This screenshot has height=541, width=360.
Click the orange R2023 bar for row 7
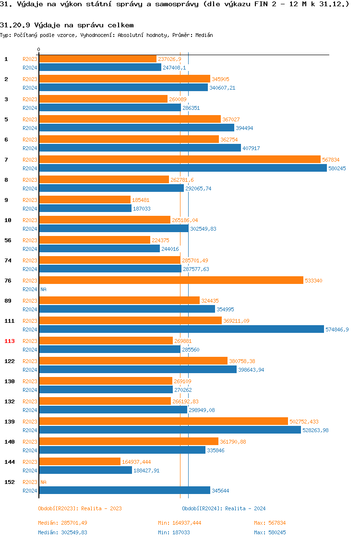coord(180,159)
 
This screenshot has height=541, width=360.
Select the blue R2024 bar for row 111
coord(181,329)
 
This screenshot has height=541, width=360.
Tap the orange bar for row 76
coord(171,280)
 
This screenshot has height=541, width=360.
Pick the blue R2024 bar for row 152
coord(124,490)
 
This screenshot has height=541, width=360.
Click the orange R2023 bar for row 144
coord(80,461)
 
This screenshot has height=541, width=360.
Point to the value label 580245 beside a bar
coord(337,168)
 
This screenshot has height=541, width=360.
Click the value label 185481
coord(142,200)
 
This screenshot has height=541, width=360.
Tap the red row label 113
coord(10,341)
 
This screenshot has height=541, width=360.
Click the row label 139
coord(10,422)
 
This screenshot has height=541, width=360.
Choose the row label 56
coord(8,240)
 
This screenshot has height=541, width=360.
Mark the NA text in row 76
coord(43,289)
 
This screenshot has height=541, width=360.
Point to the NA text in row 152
coord(43,482)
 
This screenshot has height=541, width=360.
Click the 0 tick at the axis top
coord(39,50)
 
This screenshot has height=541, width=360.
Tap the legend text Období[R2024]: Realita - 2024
coord(224,508)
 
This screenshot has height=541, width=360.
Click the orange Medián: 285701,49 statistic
coord(62,523)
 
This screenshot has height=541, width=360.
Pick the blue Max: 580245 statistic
coord(270,532)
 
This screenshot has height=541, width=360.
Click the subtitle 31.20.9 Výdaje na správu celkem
coord(67,25)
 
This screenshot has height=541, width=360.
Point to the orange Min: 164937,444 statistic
coord(180,523)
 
